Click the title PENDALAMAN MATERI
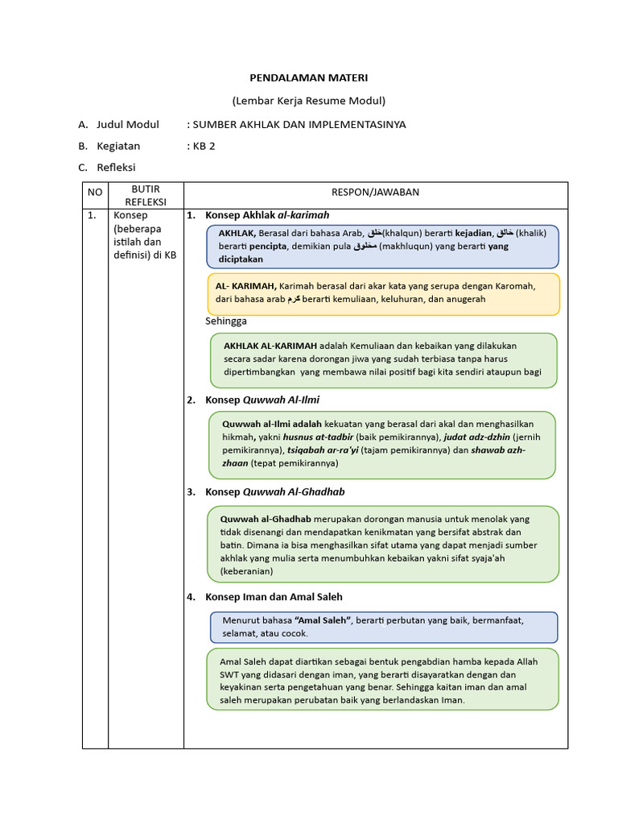pyautogui.click(x=309, y=78)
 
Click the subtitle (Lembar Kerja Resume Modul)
pyautogui.click(x=309, y=101)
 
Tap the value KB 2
pyautogui.click(x=203, y=146)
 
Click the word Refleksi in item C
pyautogui.click(x=116, y=168)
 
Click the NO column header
pyautogui.click(x=95, y=193)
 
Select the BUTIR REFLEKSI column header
pyautogui.click(x=146, y=195)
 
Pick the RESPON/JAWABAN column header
pyautogui.click(x=375, y=192)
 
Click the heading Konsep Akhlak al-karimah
pyautogui.click(x=267, y=215)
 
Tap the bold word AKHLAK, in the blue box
pyautogui.click(x=237, y=233)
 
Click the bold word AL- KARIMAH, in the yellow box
pyautogui.click(x=245, y=285)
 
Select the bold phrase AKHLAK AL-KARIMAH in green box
pyautogui.click(x=270, y=346)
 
